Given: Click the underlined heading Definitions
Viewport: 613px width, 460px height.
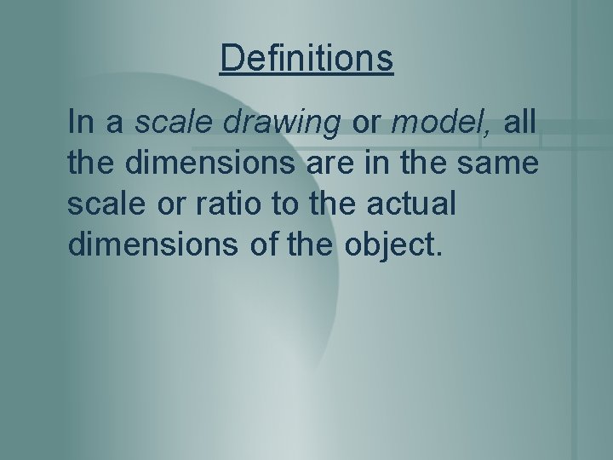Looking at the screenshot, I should [x=306, y=59].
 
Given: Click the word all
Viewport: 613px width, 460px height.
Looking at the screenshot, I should [x=519, y=123].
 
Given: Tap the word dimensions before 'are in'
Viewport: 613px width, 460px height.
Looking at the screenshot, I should [x=216, y=164].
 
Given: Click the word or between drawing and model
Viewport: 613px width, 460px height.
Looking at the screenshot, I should [x=367, y=124].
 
